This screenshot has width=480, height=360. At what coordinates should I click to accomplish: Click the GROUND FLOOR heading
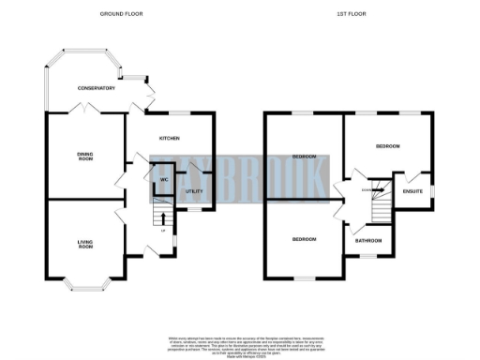click(x=121, y=14)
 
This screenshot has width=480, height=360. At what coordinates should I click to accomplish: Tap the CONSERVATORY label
click(x=96, y=88)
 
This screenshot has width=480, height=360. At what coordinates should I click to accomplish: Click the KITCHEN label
click(x=169, y=139)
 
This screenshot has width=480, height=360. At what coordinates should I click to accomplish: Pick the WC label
click(x=163, y=178)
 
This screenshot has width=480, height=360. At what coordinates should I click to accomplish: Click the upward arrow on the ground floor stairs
click(x=165, y=219)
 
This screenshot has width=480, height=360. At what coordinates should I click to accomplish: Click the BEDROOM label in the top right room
click(x=387, y=147)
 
